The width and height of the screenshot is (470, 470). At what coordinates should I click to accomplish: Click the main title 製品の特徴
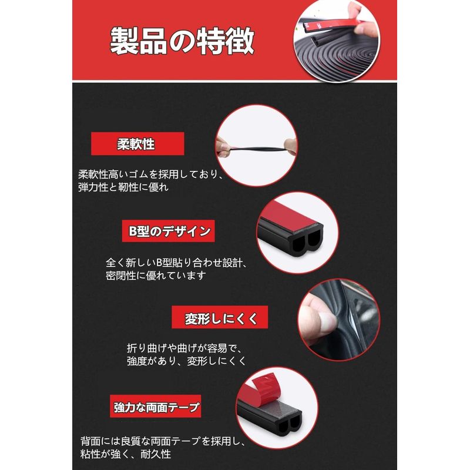coord(182,41)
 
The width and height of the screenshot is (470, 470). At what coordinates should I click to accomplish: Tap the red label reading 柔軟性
coord(137,143)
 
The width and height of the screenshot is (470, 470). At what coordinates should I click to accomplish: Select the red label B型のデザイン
coord(168,231)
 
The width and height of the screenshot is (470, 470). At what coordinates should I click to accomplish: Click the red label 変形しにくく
coord(220,317)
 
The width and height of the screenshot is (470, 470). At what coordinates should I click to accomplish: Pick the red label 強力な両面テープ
coord(155,406)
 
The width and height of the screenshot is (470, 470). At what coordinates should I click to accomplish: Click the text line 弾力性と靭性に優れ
coord(123,187)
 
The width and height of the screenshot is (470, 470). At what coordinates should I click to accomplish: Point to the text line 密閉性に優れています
coord(156,275)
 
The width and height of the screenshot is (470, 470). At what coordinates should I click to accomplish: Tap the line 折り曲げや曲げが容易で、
coord(184,348)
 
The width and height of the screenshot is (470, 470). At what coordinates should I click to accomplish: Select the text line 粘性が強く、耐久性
coord(126,454)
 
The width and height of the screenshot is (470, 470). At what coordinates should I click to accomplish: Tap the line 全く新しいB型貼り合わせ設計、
coord(176,263)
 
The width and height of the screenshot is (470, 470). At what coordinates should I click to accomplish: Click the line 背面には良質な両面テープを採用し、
coord(163,441)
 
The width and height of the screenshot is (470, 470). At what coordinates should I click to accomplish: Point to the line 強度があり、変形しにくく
coord(186,361)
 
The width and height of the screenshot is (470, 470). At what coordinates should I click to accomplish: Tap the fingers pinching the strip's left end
coord(222,147)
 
